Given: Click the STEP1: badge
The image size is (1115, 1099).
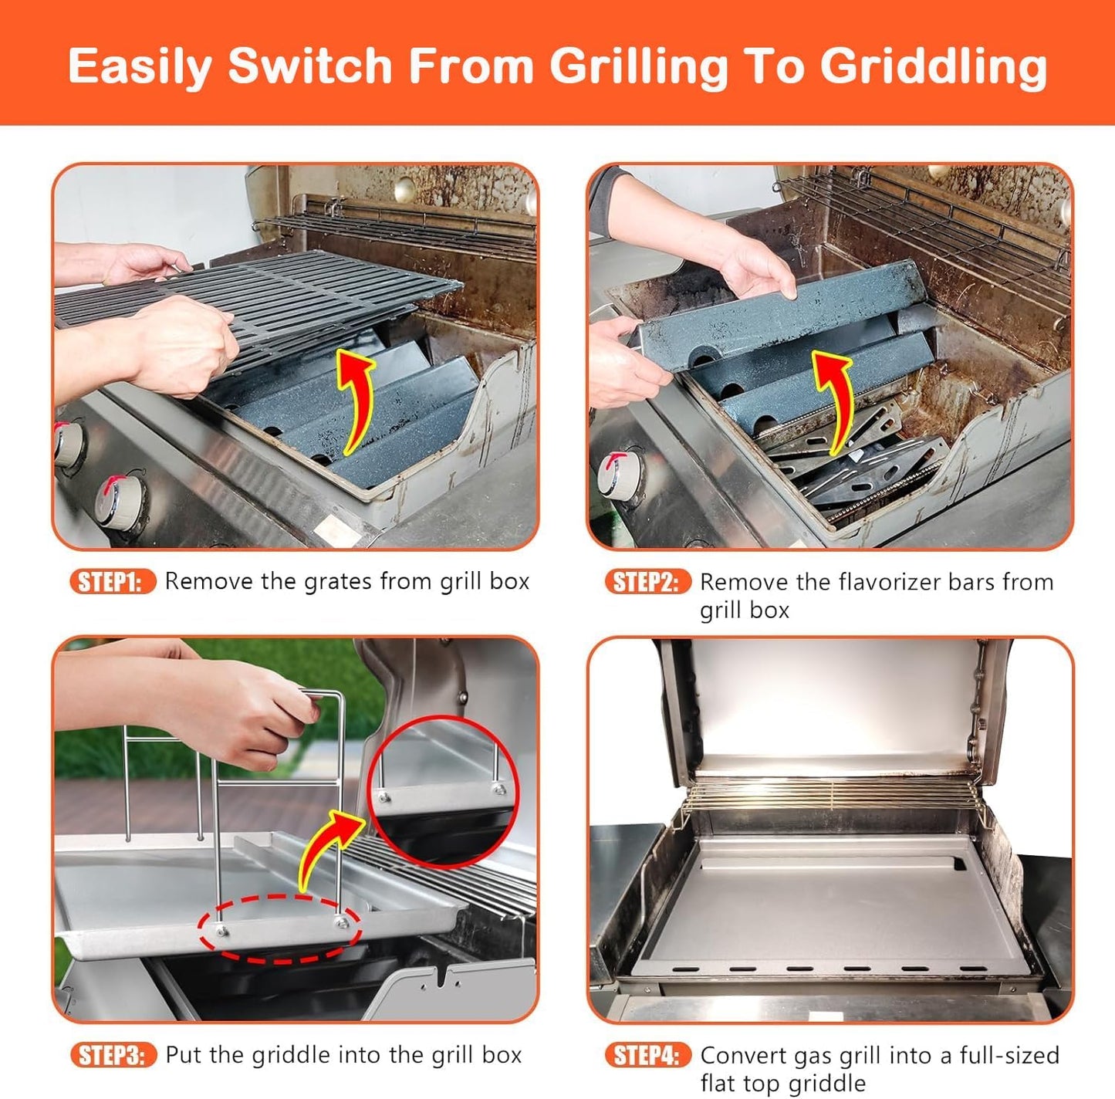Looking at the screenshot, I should point(113,581).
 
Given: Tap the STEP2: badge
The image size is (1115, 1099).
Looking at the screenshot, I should point(647,582).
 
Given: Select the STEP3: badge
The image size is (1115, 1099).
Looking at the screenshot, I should point(113,1055).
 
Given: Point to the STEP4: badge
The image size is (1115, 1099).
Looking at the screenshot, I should point(647,1055).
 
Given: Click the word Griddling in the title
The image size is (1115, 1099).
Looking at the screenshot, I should point(933,66).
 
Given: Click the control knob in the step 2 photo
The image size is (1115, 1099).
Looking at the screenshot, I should point(622,472).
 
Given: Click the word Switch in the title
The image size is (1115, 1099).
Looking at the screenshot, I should point(310,66).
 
